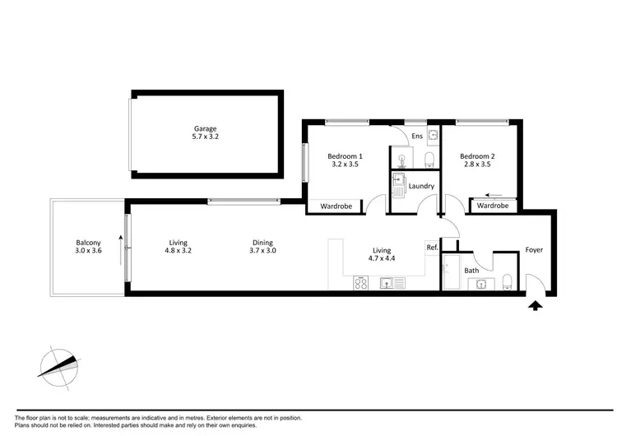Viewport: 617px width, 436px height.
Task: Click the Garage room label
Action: click(x=206, y=129)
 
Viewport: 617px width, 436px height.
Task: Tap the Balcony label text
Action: click(x=89, y=243)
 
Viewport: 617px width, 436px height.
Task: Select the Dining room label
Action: click(x=262, y=243)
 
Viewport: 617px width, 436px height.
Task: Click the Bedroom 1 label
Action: click(x=345, y=156)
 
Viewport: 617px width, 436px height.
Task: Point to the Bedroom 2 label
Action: click(x=476, y=156)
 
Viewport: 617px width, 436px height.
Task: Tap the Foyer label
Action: click(x=534, y=250)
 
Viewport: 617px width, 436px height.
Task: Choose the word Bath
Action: click(x=471, y=270)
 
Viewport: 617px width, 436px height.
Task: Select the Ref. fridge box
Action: click(x=432, y=247)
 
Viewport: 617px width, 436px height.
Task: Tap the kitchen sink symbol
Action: click(x=392, y=284)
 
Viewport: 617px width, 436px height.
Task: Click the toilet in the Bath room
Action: click(x=508, y=282)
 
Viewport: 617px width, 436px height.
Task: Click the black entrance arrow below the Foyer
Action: click(x=536, y=306)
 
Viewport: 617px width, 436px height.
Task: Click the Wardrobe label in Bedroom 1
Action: click(x=336, y=206)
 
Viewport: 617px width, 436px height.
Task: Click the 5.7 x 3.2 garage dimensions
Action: click(x=206, y=138)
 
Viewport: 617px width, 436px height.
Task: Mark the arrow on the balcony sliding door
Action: click(x=121, y=244)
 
